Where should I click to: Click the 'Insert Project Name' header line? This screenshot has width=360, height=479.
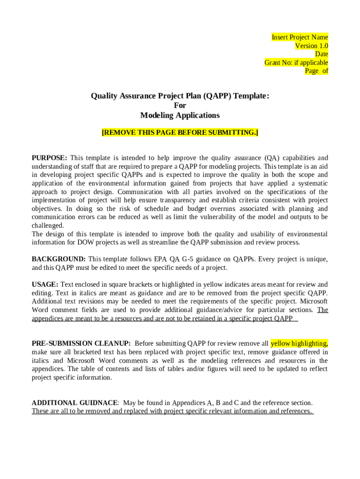(300, 37)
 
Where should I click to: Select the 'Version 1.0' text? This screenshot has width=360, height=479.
(311, 45)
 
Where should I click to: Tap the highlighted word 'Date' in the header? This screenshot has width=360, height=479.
(321, 54)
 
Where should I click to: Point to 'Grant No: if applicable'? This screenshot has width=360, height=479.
(296, 62)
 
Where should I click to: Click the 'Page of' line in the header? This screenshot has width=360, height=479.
(317, 71)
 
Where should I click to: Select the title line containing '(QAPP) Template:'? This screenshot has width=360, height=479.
(180, 96)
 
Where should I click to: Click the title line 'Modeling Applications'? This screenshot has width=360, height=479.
(180, 115)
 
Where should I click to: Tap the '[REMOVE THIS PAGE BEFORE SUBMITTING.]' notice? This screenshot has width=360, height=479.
(180, 132)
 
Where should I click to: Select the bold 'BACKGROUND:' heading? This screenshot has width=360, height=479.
(58, 259)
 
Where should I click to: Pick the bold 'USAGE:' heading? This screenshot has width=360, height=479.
(45, 284)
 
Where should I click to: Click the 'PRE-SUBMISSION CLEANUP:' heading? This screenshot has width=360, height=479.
(81, 343)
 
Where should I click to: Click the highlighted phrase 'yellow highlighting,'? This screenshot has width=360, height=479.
(299, 343)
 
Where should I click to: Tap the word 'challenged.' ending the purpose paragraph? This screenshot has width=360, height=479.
(48, 225)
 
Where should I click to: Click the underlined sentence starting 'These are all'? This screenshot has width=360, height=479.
(172, 411)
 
